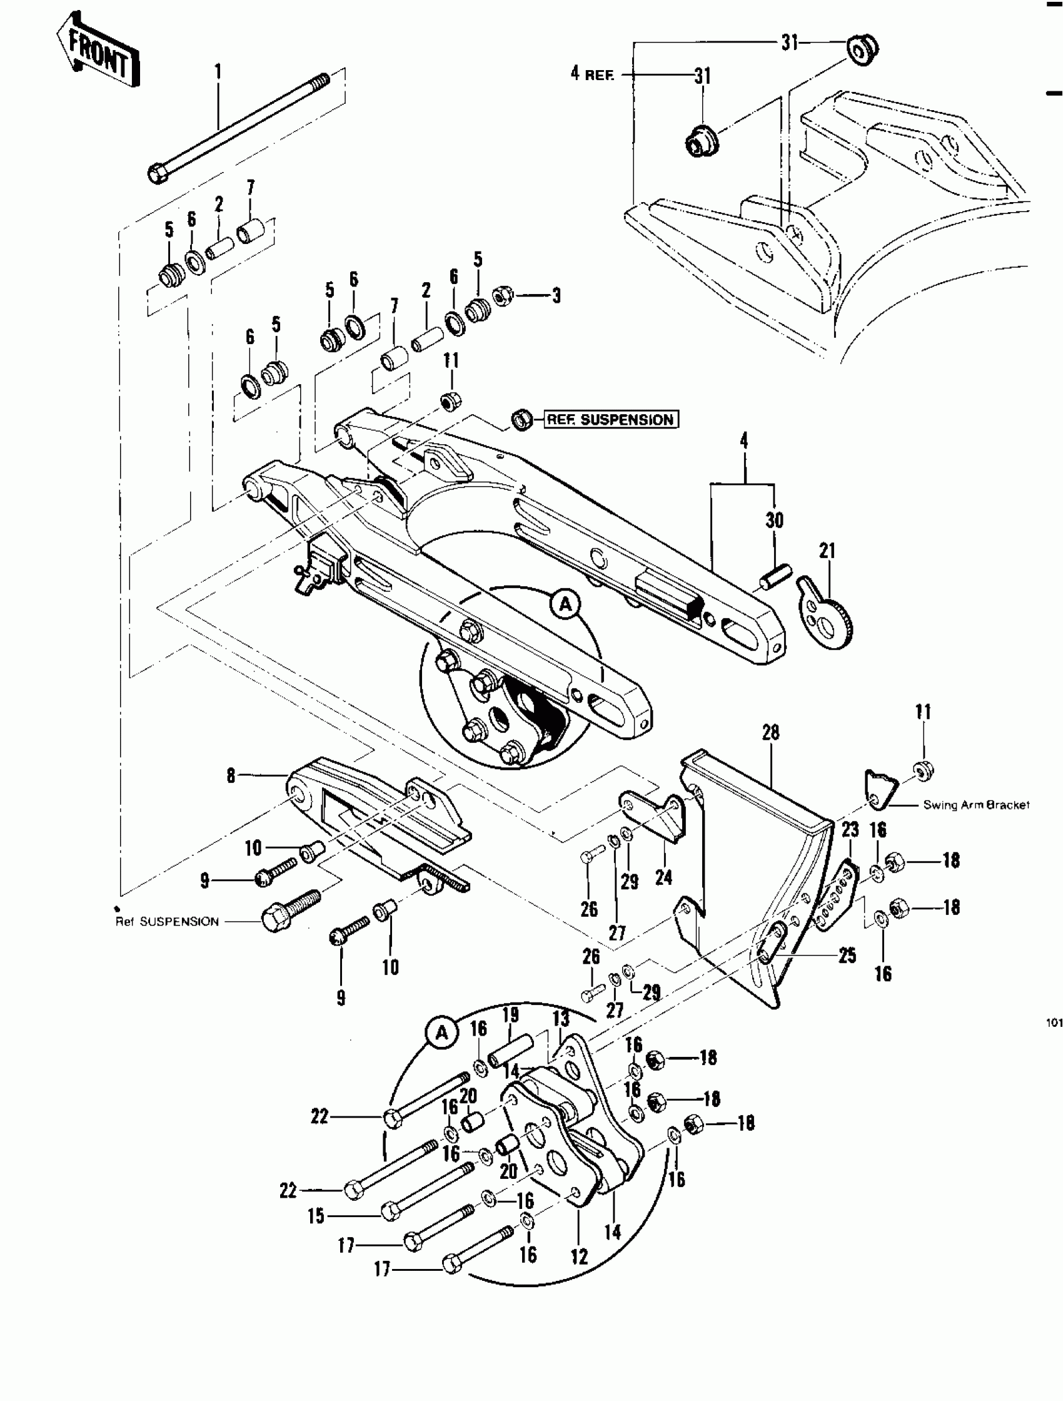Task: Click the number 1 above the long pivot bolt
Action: [x=218, y=71]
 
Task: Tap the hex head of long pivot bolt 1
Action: [x=158, y=172]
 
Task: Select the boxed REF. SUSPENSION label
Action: [x=610, y=419]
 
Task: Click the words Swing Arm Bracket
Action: [x=975, y=805]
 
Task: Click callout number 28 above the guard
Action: [x=770, y=733]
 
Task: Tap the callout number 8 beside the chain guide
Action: [x=231, y=775]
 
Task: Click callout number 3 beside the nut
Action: [x=557, y=296]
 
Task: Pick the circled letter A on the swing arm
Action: [x=565, y=605]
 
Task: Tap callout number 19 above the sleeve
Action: [x=510, y=1015]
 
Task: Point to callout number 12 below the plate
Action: [x=578, y=1256]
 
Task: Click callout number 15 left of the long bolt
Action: [x=316, y=1215]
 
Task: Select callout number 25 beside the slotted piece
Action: [x=847, y=955]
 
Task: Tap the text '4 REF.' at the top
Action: [x=592, y=74]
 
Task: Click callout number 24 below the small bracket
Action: [x=663, y=877]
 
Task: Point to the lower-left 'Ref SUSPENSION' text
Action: [x=167, y=922]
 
